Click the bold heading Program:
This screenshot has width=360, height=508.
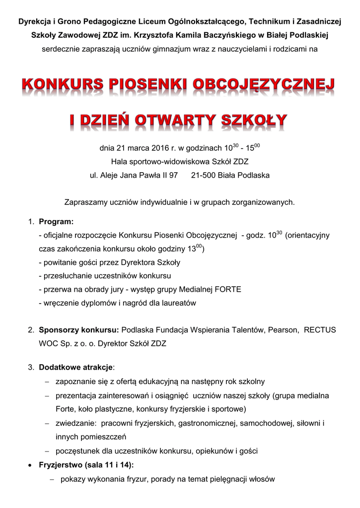pyautogui.click(x=56, y=221)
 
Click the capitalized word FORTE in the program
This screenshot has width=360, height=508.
pyautogui.click(x=228, y=289)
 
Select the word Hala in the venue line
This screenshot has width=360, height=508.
pyautogui.click(x=119, y=161)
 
